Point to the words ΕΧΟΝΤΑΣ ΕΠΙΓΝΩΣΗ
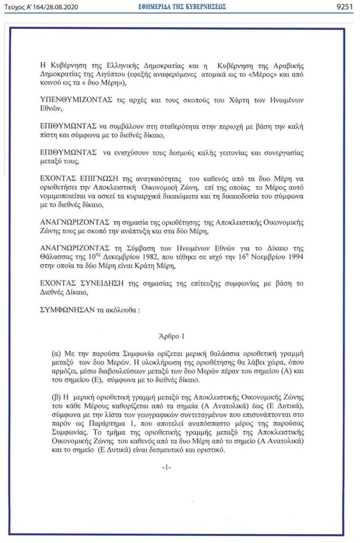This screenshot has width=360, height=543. point(80,178)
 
